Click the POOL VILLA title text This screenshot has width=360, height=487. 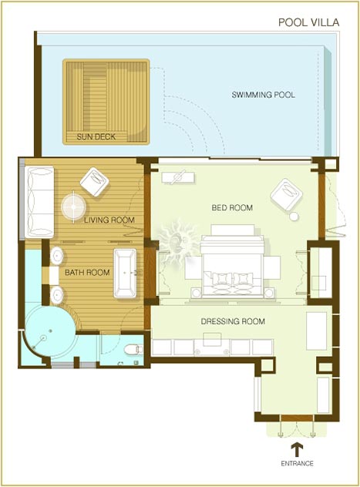tap(308, 22)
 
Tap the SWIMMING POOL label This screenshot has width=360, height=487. tap(263, 95)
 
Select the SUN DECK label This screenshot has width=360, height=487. tap(96, 136)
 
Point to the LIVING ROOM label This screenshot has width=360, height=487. tap(109, 220)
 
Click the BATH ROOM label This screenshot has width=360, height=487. tap(87, 272)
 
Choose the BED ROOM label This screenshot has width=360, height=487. tap(232, 207)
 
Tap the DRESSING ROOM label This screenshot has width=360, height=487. tap(233, 321)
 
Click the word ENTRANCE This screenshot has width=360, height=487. tap(298, 463)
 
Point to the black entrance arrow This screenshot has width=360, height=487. tap(298, 450)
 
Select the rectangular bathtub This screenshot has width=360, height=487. tap(125, 273)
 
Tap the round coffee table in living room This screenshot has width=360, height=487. tap(73, 207)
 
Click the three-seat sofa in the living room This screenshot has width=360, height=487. tap(39, 202)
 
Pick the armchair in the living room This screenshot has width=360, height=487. tap(94, 182)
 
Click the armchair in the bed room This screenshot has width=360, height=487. tap(286, 194)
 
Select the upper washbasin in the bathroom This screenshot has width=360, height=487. tap(57, 256)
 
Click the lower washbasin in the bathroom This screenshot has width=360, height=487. tap(57, 295)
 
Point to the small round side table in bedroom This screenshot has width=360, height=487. tap(294, 217)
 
